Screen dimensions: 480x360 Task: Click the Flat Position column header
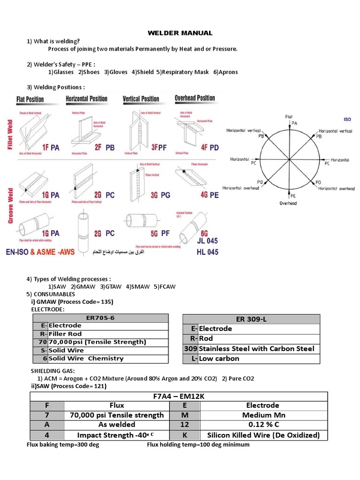click(30, 99)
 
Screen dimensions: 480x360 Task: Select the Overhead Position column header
click(195, 98)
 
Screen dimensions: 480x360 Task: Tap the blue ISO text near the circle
click(347, 120)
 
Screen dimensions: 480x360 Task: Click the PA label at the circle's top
click(294, 123)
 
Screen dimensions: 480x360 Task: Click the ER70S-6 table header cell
click(100, 318)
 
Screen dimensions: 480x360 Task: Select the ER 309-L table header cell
click(251, 319)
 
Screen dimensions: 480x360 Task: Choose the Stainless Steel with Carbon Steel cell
click(256, 348)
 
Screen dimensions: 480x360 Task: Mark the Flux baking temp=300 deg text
click(63, 444)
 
